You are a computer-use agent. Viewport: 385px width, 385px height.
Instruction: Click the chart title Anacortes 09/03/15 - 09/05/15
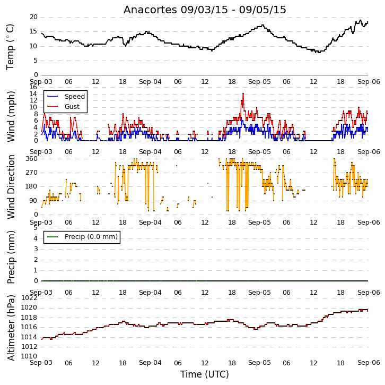pyautogui.click(x=205, y=10)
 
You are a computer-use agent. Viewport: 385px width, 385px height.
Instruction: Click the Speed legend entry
pyautogui.click(x=66, y=96)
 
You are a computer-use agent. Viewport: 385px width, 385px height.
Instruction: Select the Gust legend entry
pyautogui.click(x=63, y=106)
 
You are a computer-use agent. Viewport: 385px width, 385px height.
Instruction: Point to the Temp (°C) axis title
pyautogui.click(x=10, y=47)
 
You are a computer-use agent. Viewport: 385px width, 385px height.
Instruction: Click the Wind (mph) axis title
pyautogui.click(x=11, y=116)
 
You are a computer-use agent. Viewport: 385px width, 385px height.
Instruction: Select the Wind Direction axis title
pyautogui.click(x=11, y=187)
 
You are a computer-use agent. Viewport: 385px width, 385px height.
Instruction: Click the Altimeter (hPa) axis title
pyautogui.click(x=11, y=328)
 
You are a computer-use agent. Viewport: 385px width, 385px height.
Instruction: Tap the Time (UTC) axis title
pyautogui.click(x=205, y=374)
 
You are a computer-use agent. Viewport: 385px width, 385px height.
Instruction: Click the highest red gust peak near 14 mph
pyautogui.click(x=243, y=93)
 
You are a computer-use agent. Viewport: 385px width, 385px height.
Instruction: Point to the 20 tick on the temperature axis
pyautogui.click(x=33, y=17)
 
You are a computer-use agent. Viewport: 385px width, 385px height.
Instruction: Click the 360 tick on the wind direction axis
pyautogui.click(x=32, y=159)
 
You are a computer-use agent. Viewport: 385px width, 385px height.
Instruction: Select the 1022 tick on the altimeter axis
pyautogui.click(x=29, y=298)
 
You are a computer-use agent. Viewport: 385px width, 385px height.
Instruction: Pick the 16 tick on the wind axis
pyautogui.click(x=33, y=87)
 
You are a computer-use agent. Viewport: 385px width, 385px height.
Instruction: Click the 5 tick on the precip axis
pyautogui.click(x=36, y=228)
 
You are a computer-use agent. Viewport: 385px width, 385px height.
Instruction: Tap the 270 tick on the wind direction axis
pyautogui.click(x=32, y=173)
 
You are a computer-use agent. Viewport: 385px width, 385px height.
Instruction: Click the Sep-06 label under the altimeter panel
pyautogui.click(x=369, y=363)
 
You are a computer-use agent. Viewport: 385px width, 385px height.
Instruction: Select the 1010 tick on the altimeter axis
pyautogui.click(x=29, y=356)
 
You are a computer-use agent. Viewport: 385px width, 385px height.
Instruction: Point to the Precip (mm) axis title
pyautogui.click(x=11, y=257)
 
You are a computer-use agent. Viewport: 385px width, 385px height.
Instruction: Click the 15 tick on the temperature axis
pyautogui.click(x=33, y=31)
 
